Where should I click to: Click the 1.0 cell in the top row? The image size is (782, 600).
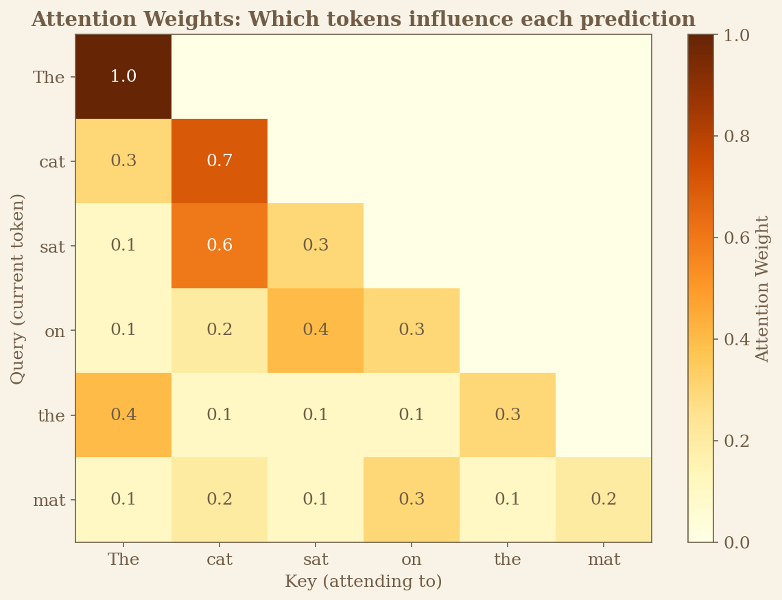(x=123, y=76)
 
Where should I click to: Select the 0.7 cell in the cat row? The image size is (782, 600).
(x=220, y=161)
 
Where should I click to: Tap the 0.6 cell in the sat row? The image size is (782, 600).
(x=220, y=245)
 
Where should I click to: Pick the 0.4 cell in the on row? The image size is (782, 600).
(x=316, y=330)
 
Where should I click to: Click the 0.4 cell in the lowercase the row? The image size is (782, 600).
(x=123, y=415)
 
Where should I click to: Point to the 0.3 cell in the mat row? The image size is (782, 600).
(x=412, y=499)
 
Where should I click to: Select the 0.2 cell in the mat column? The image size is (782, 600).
(x=604, y=499)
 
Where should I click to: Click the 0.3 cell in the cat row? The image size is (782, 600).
(x=123, y=161)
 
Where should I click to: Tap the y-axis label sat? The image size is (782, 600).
(x=52, y=246)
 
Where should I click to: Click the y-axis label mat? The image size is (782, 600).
(x=49, y=500)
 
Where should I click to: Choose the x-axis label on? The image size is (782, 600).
(x=412, y=559)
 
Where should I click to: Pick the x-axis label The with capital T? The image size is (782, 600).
(x=123, y=559)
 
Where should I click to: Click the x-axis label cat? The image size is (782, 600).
(x=220, y=559)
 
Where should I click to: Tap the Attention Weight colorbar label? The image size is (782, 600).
(x=763, y=288)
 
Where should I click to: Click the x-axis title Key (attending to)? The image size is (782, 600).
(x=364, y=582)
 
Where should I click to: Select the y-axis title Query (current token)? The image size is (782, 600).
(x=18, y=288)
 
